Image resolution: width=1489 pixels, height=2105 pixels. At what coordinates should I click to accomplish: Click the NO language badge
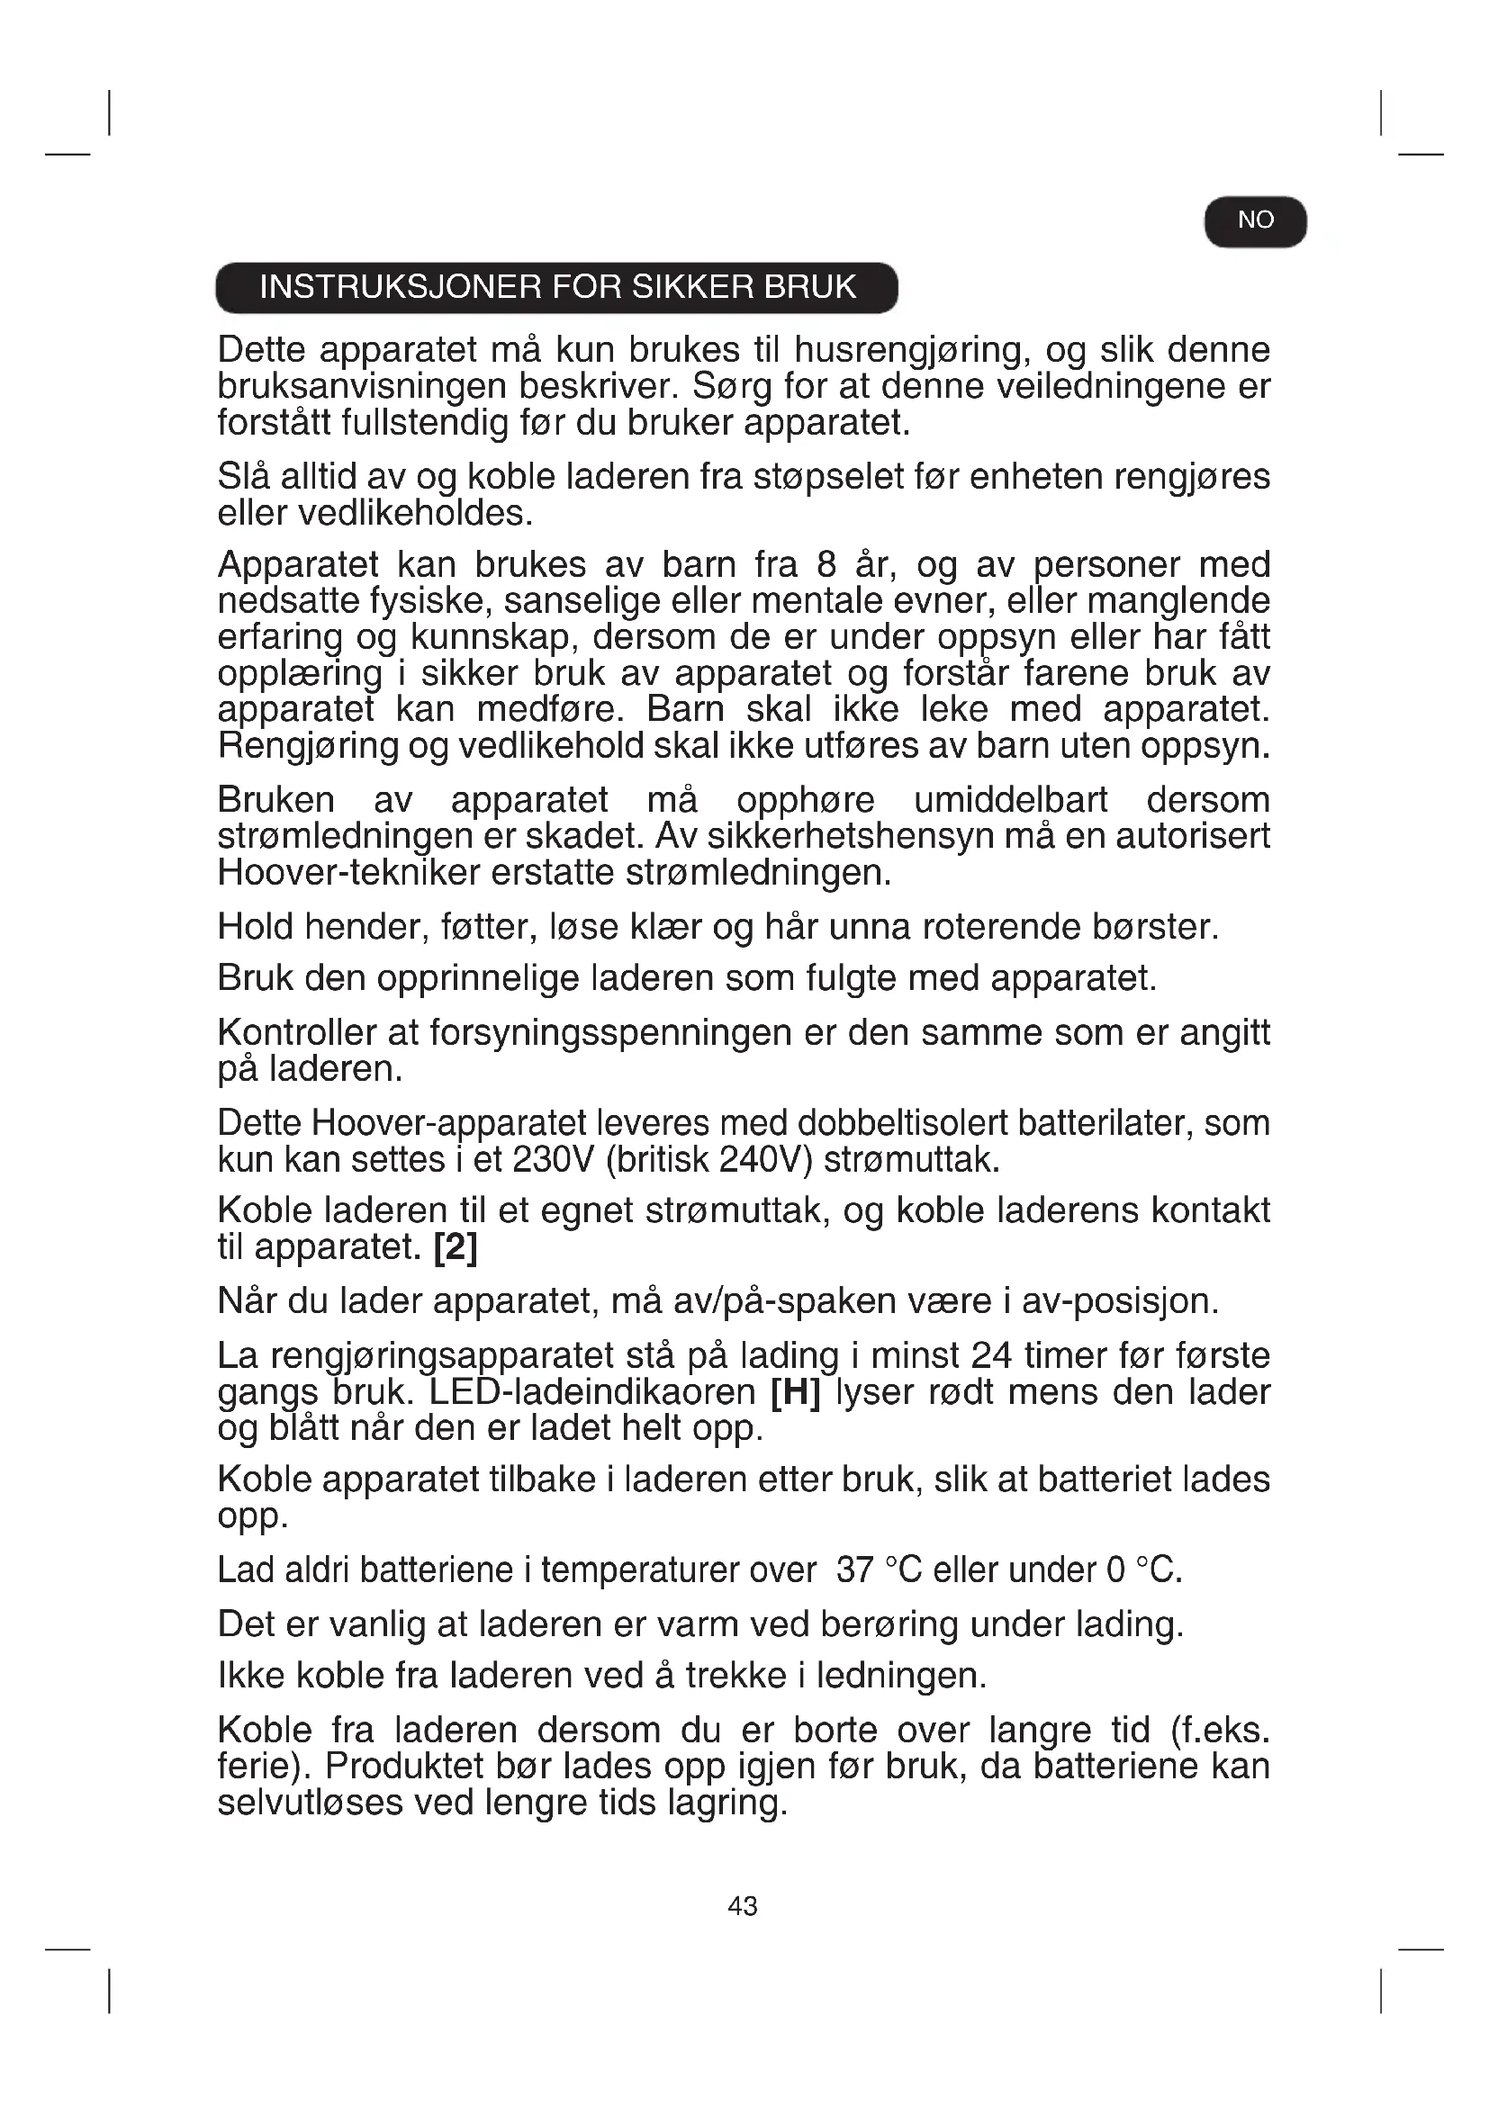click(x=1254, y=221)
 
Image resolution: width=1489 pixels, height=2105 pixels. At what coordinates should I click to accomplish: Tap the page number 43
click(x=743, y=1906)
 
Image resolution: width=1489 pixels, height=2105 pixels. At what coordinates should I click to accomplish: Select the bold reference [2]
click(x=456, y=1246)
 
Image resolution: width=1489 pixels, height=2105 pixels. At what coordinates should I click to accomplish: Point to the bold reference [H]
click(x=795, y=1391)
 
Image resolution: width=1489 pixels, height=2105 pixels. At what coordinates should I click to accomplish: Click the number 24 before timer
click(x=991, y=1355)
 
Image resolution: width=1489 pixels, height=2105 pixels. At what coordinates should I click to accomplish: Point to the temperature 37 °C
click(x=879, y=1570)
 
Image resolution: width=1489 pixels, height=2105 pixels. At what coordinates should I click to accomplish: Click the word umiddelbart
click(x=1010, y=800)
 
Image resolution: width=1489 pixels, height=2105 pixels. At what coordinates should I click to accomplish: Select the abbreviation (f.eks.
click(x=1220, y=1731)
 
